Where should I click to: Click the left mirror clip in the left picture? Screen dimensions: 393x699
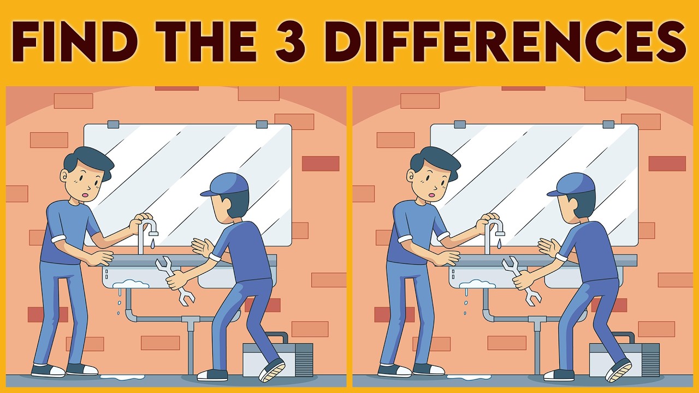(113, 124)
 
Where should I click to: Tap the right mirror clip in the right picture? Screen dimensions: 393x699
(608, 124)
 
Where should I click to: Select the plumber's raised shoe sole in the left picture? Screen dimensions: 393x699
(273, 370)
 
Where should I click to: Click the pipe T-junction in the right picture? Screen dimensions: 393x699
(537, 324)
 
